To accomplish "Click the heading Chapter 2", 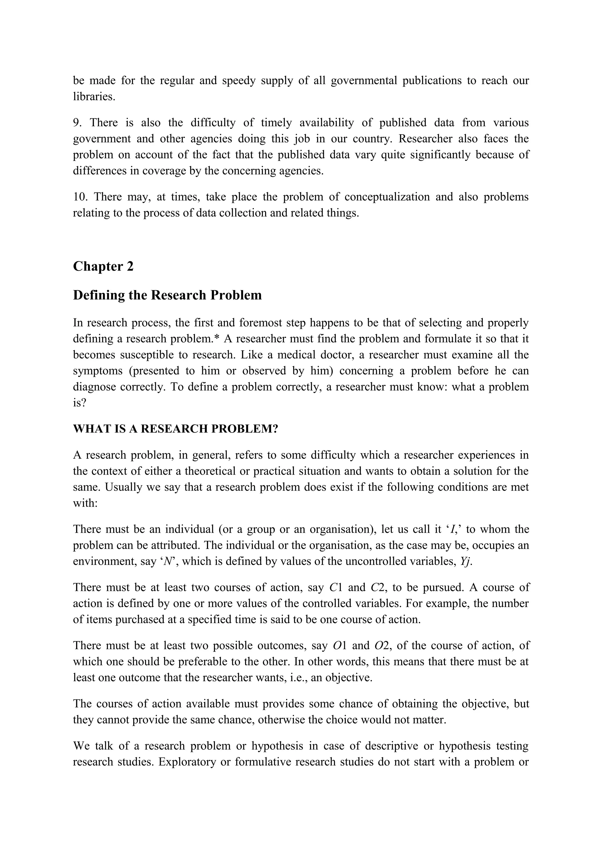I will click(x=103, y=267).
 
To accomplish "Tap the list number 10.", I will click(x=79, y=197).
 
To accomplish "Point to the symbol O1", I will click(x=340, y=646).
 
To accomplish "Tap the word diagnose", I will click(x=94, y=387).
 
